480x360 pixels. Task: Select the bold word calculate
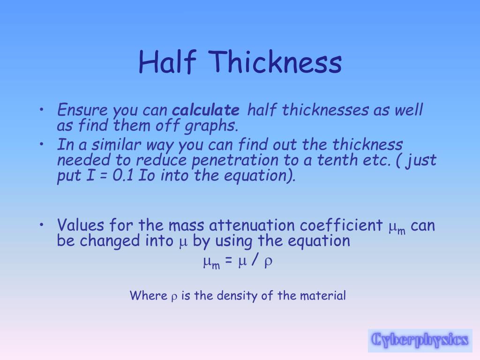(206, 111)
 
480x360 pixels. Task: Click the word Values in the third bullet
(81, 225)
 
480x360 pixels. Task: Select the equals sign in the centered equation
(228, 262)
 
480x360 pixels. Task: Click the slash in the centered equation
(254, 262)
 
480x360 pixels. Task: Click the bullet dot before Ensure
(42, 111)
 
